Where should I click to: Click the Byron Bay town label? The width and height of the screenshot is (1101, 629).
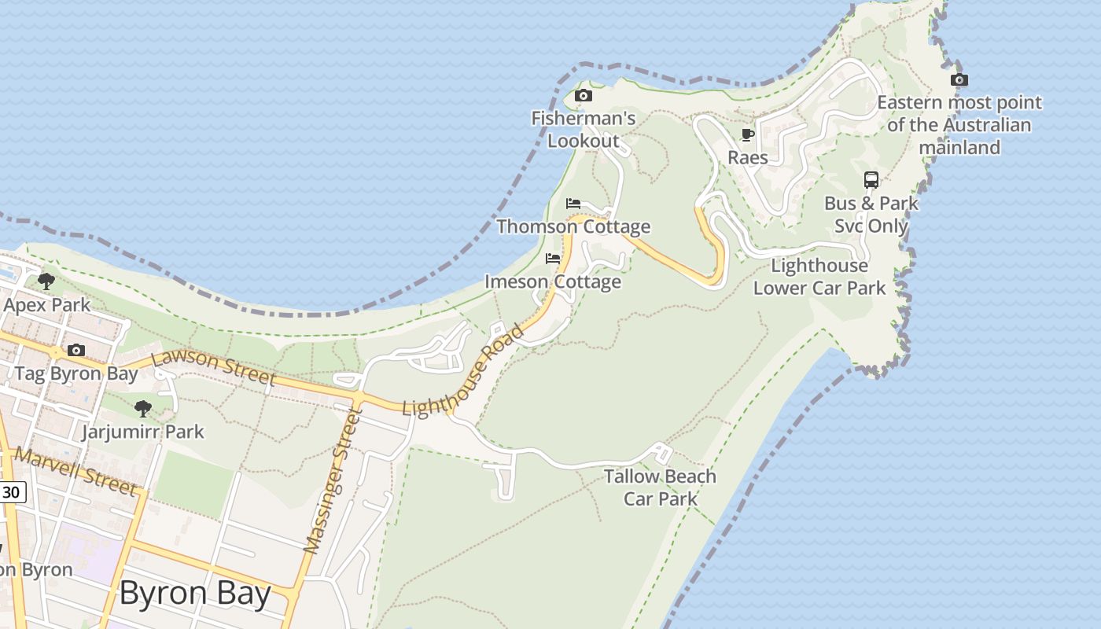point(195,594)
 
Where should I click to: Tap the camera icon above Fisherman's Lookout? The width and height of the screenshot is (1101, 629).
point(583,96)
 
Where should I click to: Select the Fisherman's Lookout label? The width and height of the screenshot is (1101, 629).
point(584,130)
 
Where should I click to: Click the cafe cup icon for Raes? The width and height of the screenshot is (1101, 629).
point(748,135)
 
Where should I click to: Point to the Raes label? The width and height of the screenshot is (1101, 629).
point(748,157)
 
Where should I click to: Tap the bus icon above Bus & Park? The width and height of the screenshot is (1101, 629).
point(871,180)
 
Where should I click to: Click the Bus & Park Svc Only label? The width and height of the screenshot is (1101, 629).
point(871,215)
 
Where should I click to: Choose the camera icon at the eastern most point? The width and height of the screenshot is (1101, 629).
point(959,79)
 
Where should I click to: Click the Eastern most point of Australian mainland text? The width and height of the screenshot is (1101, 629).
point(959,124)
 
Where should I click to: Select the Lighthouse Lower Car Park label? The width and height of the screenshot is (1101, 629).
point(819,277)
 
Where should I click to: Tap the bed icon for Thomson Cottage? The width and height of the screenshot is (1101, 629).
point(573,204)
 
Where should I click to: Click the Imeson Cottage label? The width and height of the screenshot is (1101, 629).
point(553,281)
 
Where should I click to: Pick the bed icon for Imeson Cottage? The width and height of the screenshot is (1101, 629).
point(553,259)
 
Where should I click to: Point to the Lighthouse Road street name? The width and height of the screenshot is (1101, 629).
point(463,370)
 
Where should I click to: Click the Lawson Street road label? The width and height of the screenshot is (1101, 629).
point(213,368)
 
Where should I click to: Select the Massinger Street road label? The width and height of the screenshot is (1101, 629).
point(331,480)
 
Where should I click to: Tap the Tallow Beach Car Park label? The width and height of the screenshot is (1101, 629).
point(661,487)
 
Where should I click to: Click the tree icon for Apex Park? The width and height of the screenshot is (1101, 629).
point(46,281)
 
